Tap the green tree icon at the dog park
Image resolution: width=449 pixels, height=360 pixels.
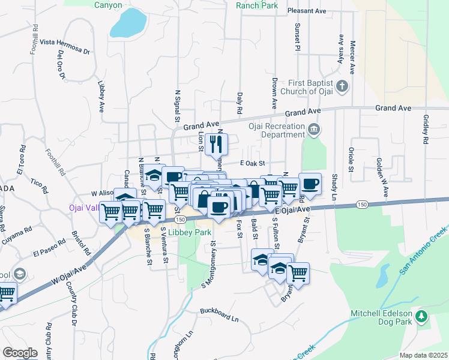pyautogui.click(x=422, y=316)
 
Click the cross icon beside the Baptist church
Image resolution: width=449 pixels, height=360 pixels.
pyautogui.click(x=342, y=86)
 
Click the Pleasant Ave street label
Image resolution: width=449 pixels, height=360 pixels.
pyautogui.click(x=306, y=11)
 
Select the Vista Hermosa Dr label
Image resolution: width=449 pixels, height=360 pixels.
pyautogui.click(x=65, y=46)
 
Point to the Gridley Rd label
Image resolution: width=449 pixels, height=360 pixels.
pyautogui.click(x=426, y=130)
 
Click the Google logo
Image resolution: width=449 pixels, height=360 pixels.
pyautogui.click(x=20, y=353)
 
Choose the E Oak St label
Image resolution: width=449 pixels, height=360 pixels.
pyautogui.click(x=252, y=163)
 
